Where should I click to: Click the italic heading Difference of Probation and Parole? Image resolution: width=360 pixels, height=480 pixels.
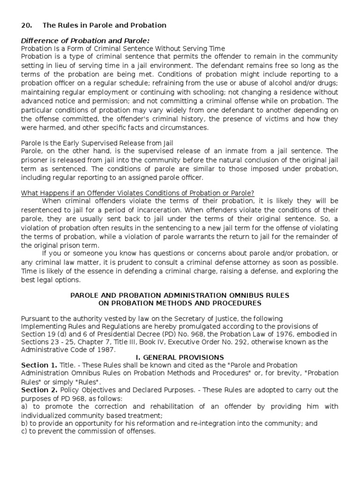tap(85, 41)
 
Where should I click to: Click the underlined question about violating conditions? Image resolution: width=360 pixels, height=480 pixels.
tap(138, 193)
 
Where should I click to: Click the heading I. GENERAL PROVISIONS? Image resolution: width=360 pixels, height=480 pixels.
tap(180, 357)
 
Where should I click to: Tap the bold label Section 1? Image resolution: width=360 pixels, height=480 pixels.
tap(39, 365)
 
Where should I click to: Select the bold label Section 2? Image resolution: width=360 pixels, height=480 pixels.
tap(39, 390)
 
